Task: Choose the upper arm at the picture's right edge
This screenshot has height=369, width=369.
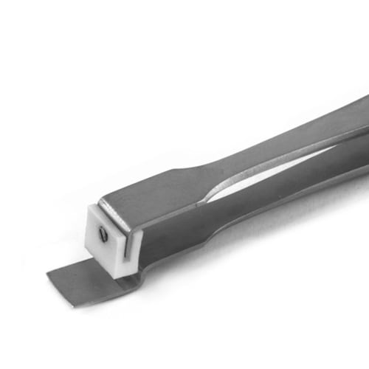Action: pos(347,118)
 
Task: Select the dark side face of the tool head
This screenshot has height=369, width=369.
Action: pos(170,236)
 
